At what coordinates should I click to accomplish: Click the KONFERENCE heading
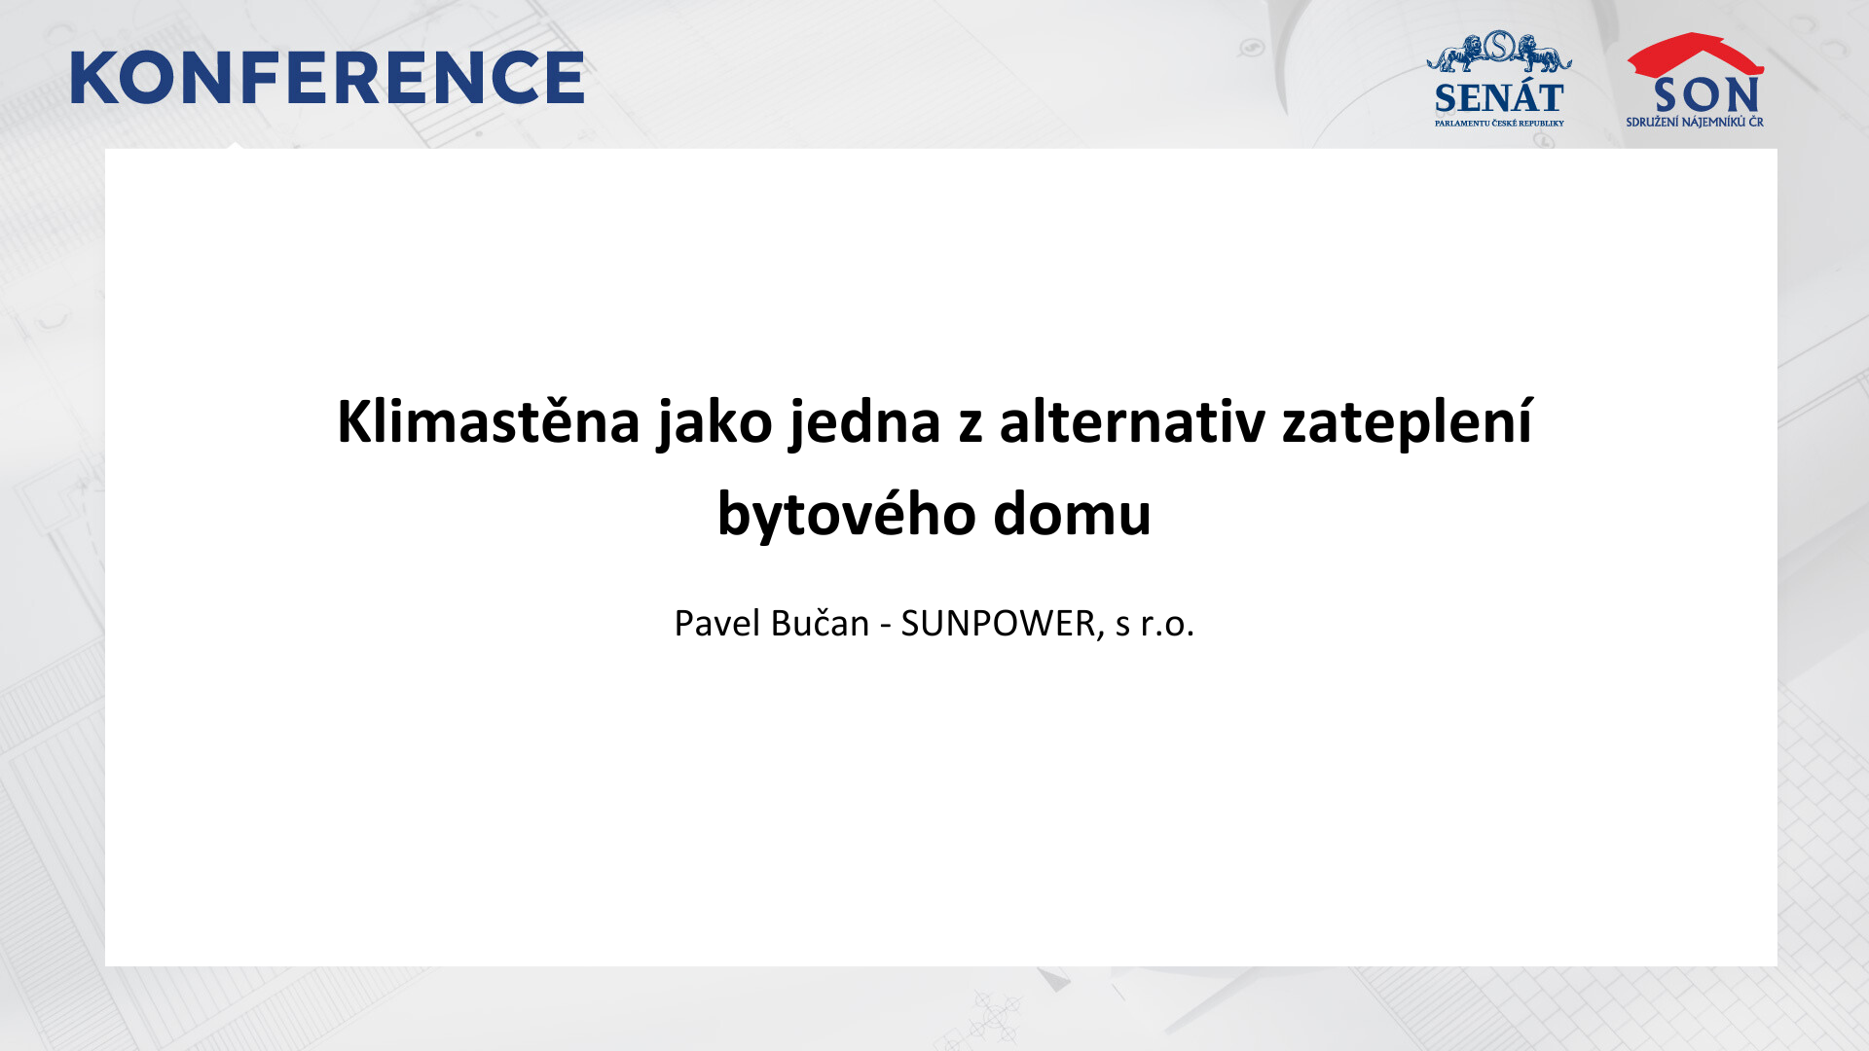327,78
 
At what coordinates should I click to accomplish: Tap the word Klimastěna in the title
489,421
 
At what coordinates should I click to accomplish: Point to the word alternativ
1132,421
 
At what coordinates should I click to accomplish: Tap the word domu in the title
1072,514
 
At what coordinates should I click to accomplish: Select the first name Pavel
717,623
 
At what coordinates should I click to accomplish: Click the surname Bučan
820,623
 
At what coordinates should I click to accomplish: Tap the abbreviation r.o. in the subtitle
1167,624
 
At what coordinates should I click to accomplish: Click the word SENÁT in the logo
1499,98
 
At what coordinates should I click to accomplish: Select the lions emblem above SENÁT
1499,51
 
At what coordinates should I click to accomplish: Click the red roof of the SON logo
1695,54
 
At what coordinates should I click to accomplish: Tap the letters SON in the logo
1706,95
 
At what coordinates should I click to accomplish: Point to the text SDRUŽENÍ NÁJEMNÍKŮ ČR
1695,122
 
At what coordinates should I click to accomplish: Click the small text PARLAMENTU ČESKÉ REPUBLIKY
1499,124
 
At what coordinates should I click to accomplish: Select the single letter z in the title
971,427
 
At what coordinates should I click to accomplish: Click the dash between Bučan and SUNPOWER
886,626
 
